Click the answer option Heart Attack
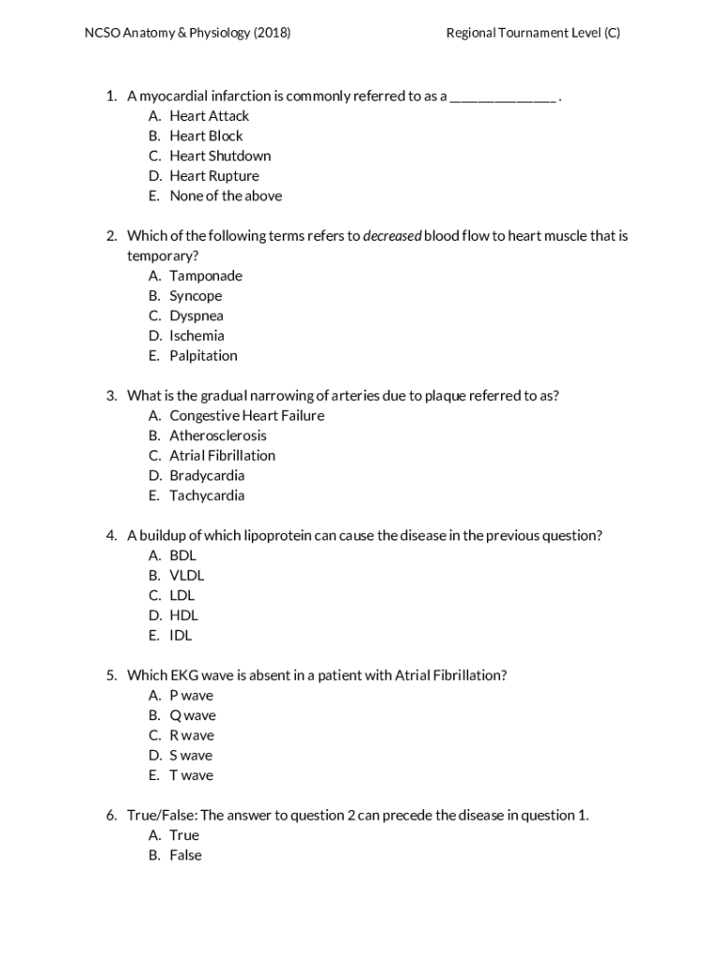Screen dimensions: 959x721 (209, 116)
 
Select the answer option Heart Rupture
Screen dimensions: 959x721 (213, 176)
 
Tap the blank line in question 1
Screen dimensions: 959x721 (503, 98)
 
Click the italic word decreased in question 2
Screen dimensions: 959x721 (391, 236)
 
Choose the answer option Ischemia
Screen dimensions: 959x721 (197, 335)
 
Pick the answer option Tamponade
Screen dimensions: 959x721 (205, 275)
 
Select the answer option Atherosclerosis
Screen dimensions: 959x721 (217, 435)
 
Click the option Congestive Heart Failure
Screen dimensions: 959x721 (246, 416)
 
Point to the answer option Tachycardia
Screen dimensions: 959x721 (206, 495)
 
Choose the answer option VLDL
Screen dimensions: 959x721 (186, 576)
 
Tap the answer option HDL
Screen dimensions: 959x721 (184, 615)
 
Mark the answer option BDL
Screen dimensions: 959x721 (183, 555)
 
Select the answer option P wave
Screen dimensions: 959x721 (191, 696)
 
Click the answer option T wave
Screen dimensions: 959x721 (191, 775)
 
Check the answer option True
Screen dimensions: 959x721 (184, 835)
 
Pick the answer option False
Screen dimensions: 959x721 (185, 855)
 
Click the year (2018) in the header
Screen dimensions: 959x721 (272, 33)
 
